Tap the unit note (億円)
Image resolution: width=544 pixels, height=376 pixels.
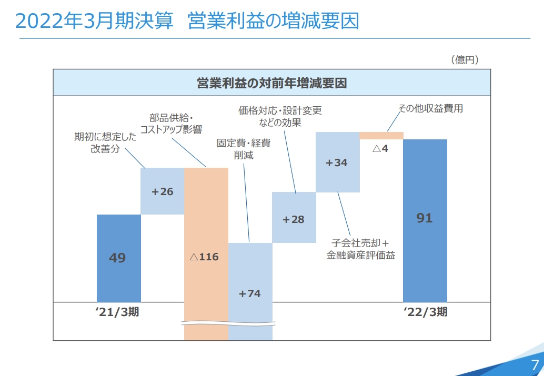click(465, 60)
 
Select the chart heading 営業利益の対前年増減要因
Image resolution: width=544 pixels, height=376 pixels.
click(271, 83)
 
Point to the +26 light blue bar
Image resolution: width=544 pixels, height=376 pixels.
click(162, 191)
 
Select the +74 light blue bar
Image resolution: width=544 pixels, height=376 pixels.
click(250, 293)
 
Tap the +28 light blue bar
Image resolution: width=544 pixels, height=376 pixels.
click(294, 219)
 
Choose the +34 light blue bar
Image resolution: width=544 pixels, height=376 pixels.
click(337, 162)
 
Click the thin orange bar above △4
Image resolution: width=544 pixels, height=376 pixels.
click(381, 136)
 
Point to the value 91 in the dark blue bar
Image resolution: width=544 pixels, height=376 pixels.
click(424, 218)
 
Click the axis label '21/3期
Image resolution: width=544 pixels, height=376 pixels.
click(117, 312)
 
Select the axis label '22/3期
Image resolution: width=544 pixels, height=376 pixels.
click(425, 312)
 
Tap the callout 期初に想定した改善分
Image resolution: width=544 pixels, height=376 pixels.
click(105, 143)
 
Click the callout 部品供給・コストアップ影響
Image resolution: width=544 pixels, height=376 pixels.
click(172, 124)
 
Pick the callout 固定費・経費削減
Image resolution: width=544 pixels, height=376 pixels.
click(244, 149)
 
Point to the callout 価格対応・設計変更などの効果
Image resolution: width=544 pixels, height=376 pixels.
click(280, 117)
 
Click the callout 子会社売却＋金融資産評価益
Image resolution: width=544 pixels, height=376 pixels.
click(360, 249)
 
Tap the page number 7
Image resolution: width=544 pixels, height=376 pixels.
click(535, 364)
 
